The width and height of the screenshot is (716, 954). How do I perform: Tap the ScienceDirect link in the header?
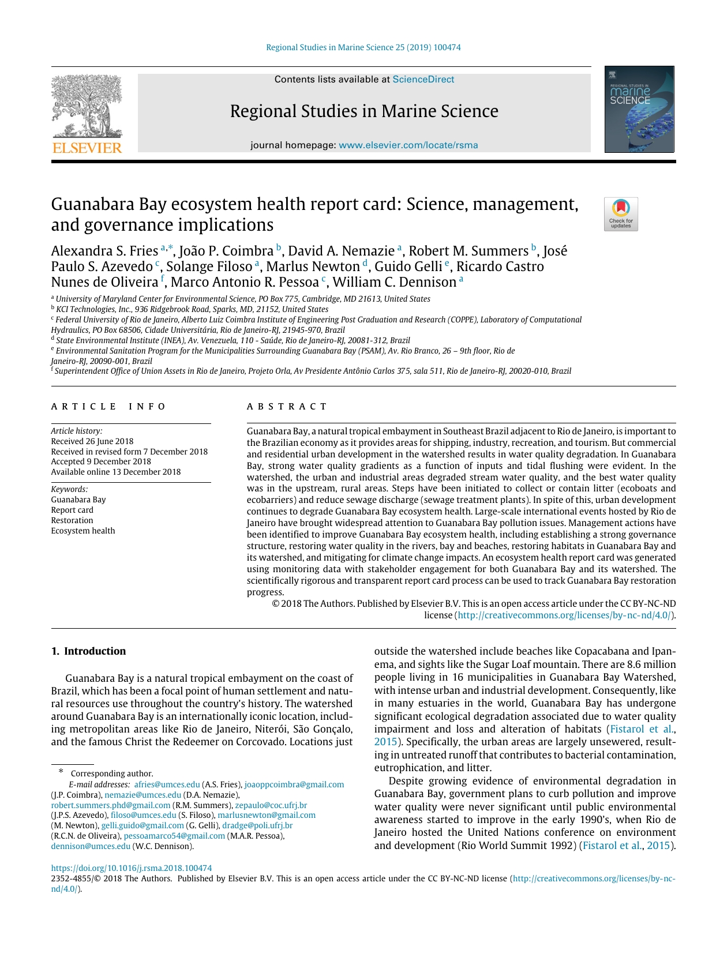(x=423, y=80)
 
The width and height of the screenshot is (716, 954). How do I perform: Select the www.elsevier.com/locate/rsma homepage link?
(x=408, y=145)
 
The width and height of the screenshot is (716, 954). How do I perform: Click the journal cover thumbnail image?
(x=639, y=110)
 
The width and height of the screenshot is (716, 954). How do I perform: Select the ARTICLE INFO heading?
(x=108, y=407)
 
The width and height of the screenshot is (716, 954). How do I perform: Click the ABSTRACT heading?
(x=287, y=407)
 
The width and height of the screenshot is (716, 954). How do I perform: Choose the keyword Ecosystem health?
(x=83, y=531)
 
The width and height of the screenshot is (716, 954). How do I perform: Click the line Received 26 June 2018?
(x=92, y=441)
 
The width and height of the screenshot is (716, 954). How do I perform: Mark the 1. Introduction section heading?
(x=88, y=651)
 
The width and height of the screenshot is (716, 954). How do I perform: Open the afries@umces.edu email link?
(x=167, y=784)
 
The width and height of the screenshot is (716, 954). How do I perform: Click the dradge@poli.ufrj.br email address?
(x=257, y=825)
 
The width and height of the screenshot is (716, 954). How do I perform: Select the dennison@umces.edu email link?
(x=91, y=846)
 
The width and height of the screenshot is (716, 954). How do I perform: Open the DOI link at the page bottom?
(x=132, y=868)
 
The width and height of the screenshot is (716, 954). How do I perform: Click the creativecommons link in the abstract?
(x=565, y=615)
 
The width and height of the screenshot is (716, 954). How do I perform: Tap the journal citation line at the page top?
(x=363, y=47)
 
